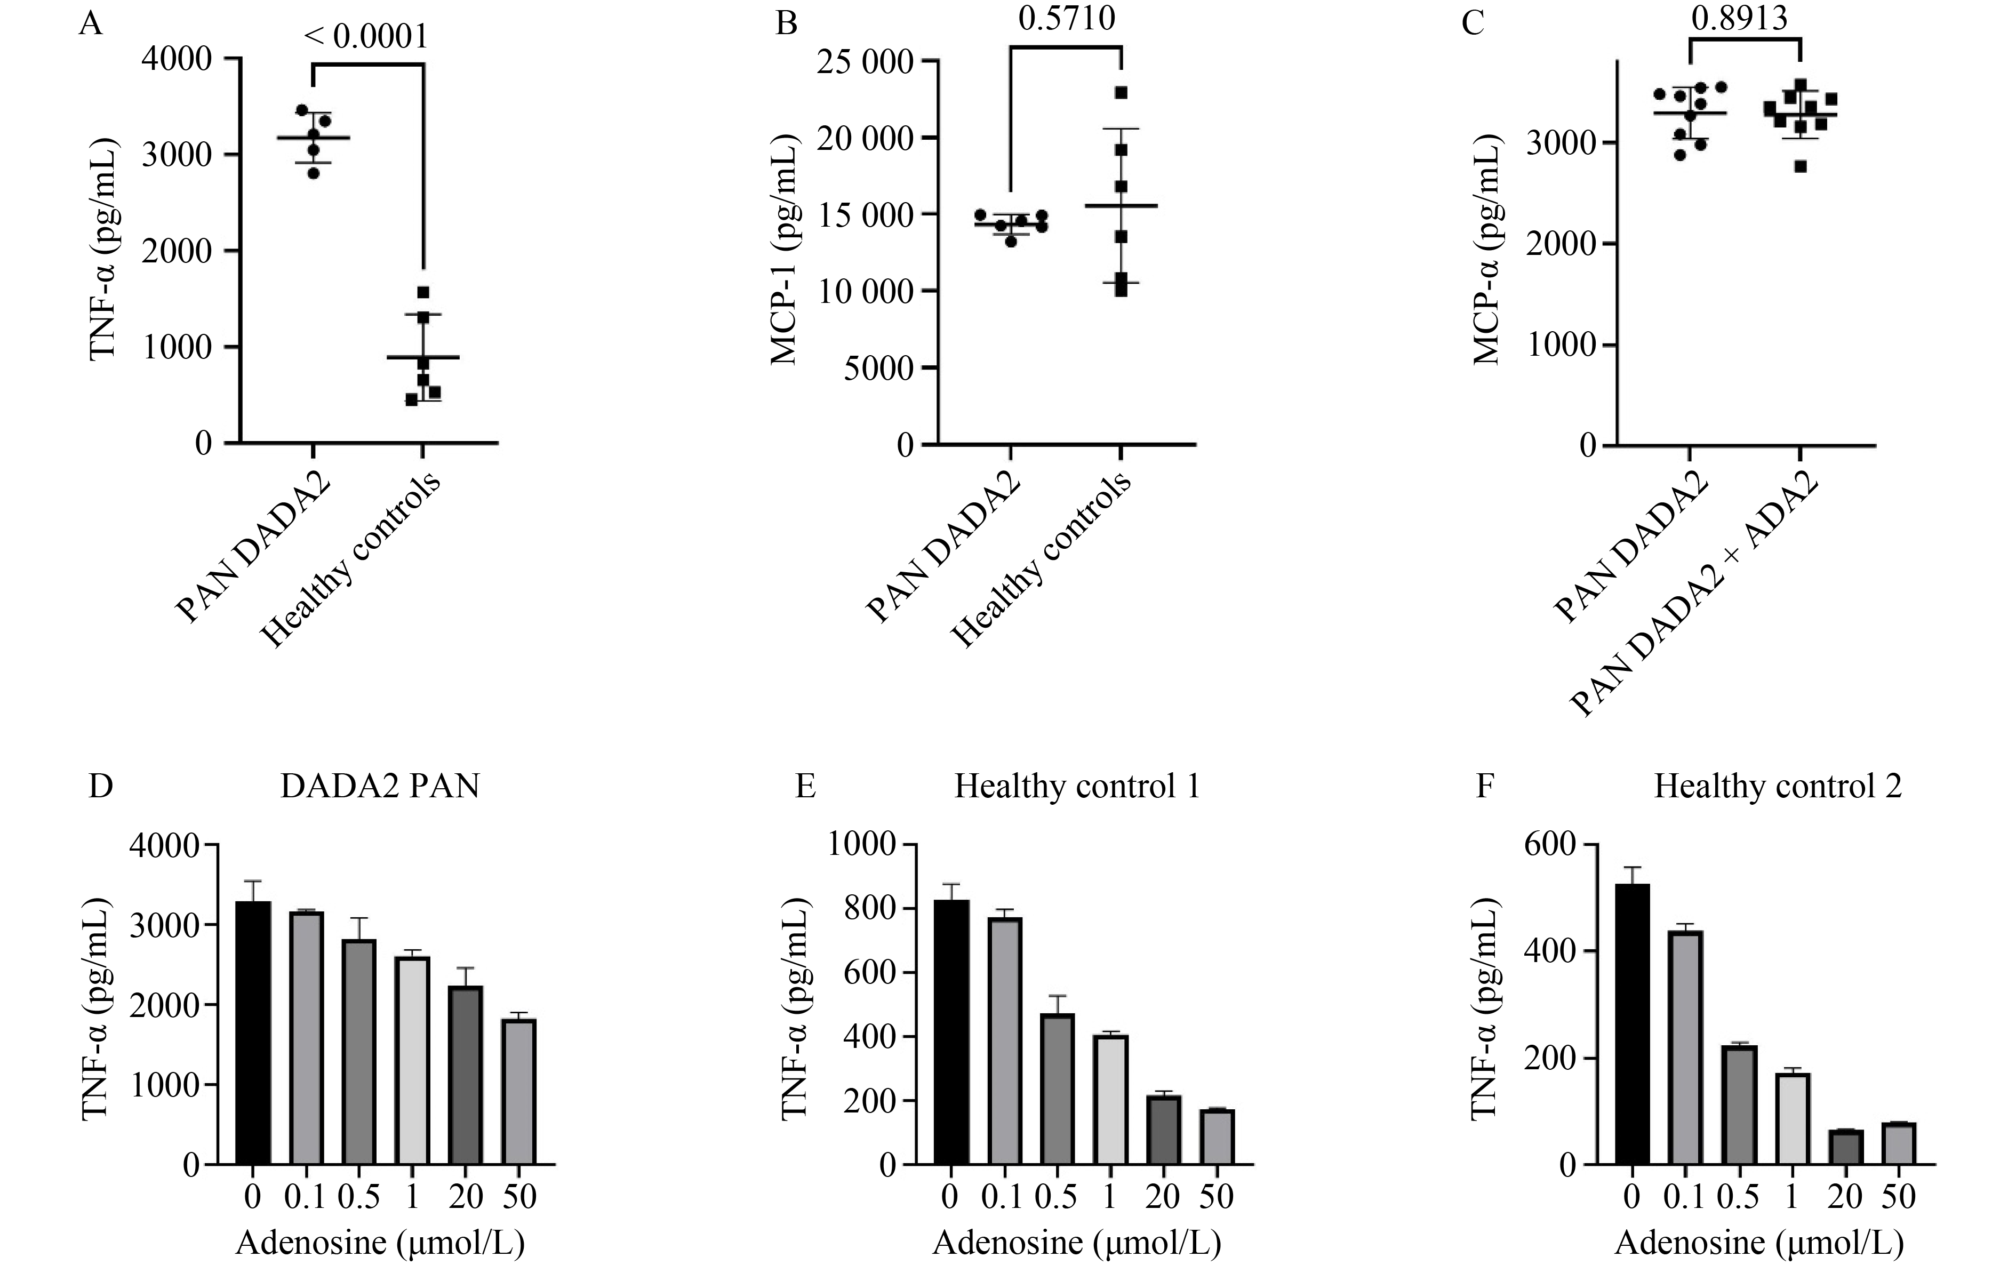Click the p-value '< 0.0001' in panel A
coord(366,37)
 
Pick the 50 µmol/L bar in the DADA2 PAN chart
coord(518,1091)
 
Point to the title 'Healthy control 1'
coord(1077,787)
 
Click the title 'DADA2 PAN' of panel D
coord(381,787)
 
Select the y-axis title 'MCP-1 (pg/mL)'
coord(785,251)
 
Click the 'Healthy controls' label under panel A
coord(351,561)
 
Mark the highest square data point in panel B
coord(1121,92)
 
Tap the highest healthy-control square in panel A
coord(423,292)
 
